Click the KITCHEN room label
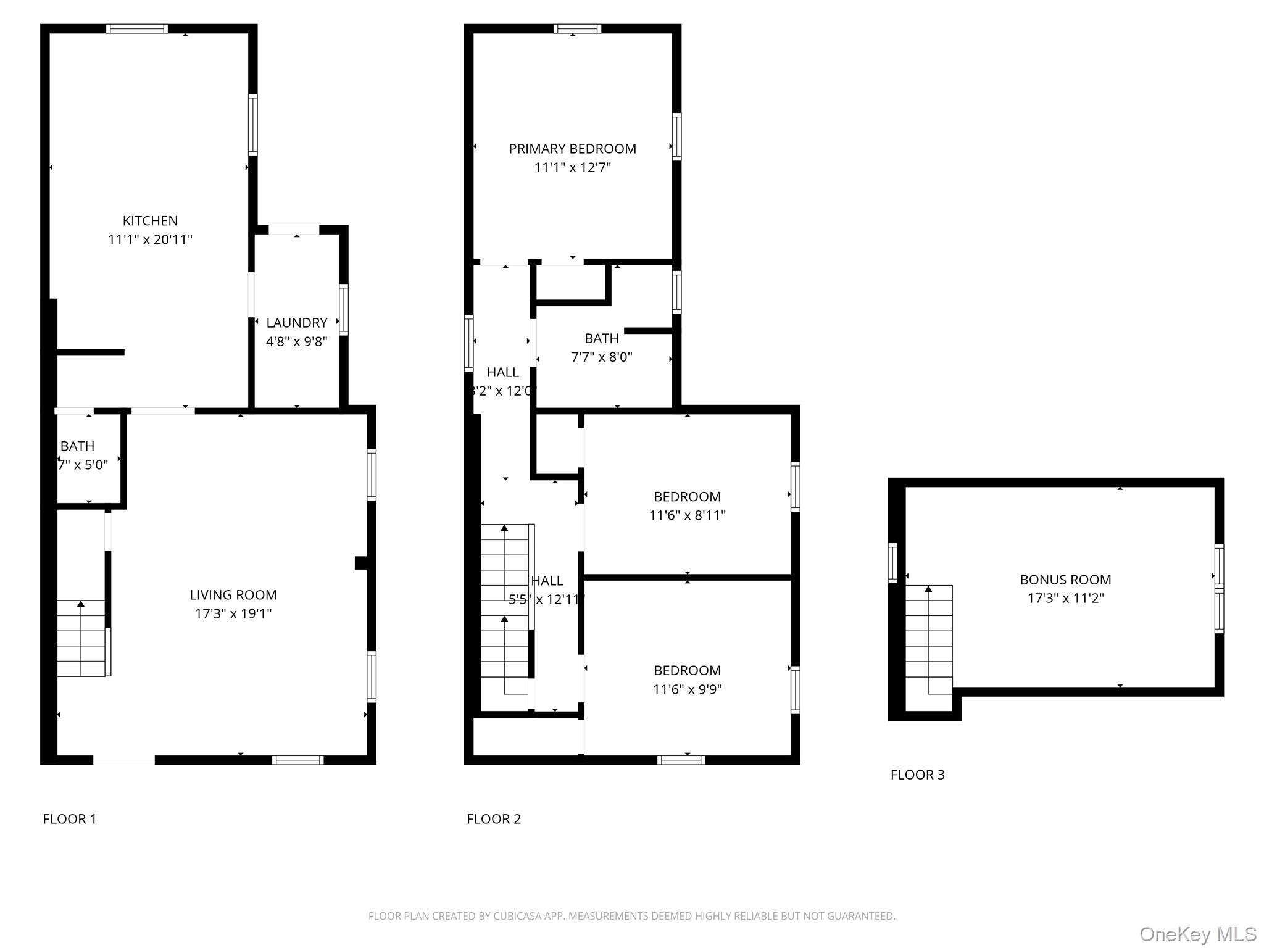150,221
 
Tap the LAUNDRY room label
296,323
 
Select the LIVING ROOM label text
233,595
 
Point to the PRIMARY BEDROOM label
572,149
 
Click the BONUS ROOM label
1065,580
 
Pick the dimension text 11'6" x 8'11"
687,515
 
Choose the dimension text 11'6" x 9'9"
687,689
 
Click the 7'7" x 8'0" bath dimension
601,357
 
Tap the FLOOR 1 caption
69,819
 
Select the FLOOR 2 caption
493,819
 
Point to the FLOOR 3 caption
917,775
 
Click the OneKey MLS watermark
1197,934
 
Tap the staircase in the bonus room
928,639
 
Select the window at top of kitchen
136,28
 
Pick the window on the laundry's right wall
344,309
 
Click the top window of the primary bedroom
577,28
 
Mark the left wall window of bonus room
892,562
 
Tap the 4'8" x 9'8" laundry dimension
296,341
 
